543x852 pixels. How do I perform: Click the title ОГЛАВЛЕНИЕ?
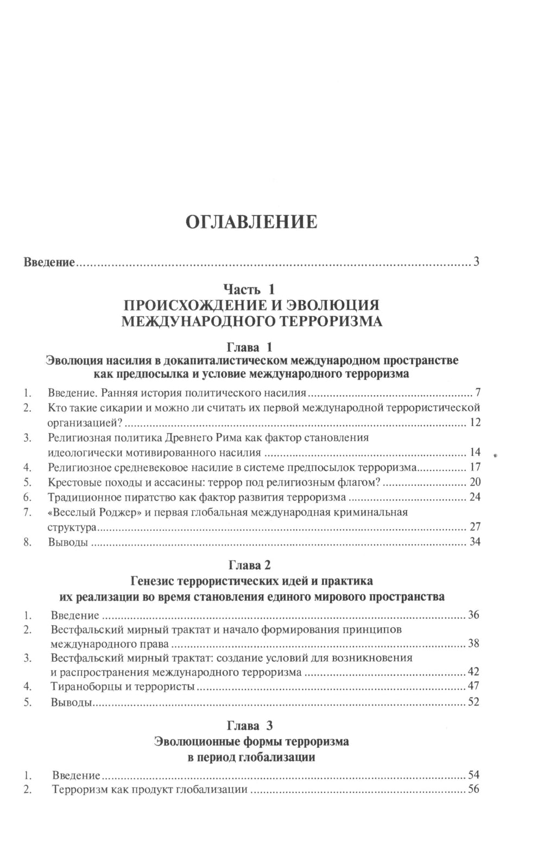(251, 222)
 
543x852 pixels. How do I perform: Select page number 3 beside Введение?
(476, 263)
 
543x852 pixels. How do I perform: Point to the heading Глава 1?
(251, 346)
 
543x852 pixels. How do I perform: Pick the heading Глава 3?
(251, 726)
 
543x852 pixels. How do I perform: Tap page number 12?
(475, 422)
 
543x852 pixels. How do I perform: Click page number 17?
(475, 467)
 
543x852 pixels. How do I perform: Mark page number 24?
(475, 497)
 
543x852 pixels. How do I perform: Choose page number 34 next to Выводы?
(475, 542)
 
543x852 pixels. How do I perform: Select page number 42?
(473, 672)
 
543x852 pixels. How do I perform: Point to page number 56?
(473, 790)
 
